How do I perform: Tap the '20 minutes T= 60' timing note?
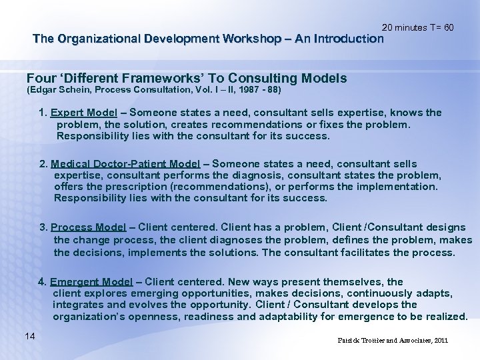click(x=418, y=27)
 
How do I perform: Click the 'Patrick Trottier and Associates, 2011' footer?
click(x=393, y=341)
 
